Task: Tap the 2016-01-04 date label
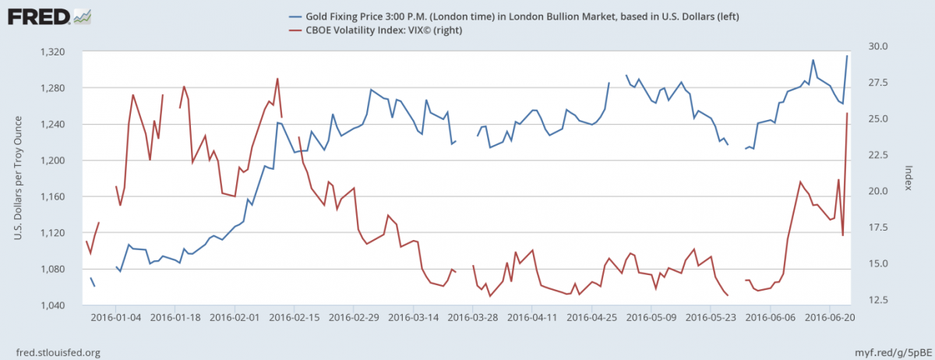coord(118,318)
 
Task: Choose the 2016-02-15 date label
coord(297,318)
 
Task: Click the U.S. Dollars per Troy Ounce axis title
coord(16,178)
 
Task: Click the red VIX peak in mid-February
coord(277,79)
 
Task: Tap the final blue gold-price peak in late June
coord(847,55)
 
